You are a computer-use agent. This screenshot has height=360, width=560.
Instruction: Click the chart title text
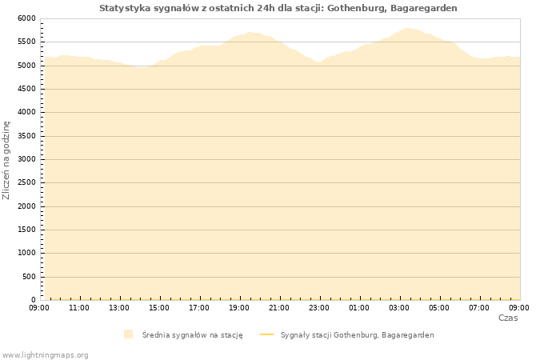pos(278,8)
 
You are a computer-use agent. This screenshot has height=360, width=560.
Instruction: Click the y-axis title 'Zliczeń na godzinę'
pos(7,160)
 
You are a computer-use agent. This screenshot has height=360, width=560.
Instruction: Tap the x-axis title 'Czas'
pos(507,318)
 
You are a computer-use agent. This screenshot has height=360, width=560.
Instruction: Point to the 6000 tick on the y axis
pos(26,18)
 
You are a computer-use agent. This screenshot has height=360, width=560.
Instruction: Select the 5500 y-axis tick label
pos(26,42)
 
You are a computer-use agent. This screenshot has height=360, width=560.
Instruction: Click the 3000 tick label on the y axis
pos(26,159)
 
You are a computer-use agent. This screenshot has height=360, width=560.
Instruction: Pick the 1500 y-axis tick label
pos(26,230)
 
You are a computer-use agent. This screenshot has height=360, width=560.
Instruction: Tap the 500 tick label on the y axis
pos(29,277)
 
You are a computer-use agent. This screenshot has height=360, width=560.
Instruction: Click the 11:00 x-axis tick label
pos(79,307)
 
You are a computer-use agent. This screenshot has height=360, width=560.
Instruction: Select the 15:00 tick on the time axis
pos(159,307)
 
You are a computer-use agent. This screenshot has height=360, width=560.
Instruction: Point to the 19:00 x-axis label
pos(239,307)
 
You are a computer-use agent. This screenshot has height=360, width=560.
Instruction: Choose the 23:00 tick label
pos(319,307)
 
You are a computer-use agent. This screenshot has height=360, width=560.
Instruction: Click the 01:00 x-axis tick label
pos(359,307)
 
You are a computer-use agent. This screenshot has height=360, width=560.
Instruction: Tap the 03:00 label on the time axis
pos(399,307)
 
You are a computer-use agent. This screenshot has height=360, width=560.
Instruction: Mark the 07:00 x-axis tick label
pos(479,307)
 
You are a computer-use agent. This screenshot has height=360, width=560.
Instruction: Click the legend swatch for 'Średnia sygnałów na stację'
pos(128,334)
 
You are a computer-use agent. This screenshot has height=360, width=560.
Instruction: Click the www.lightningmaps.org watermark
pos(46,354)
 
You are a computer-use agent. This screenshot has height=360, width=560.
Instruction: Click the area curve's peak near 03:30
pos(408,28)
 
